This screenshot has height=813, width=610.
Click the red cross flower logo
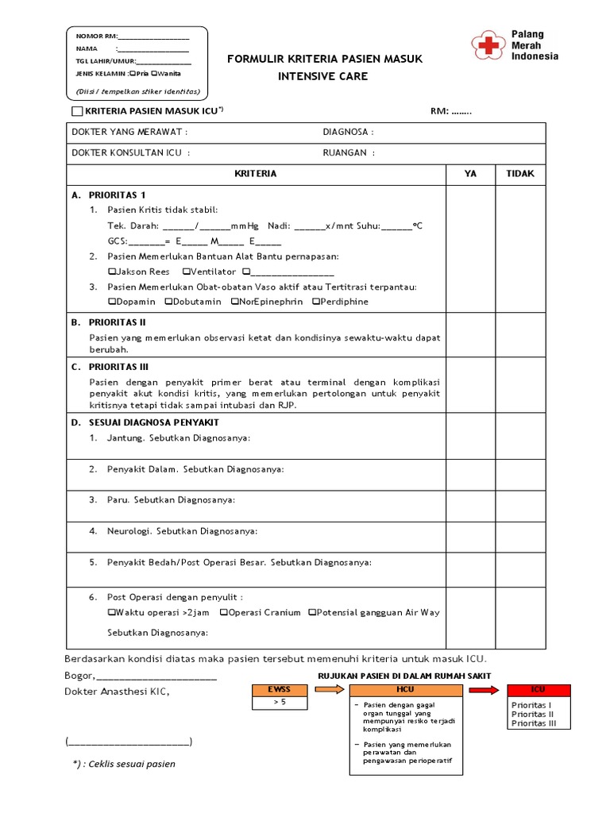coord(487,45)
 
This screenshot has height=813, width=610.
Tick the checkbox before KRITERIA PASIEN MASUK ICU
coord(76,111)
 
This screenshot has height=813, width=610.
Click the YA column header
coord(471,174)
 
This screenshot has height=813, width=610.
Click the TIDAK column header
coord(520,174)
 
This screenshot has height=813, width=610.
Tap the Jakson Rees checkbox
coord(111,272)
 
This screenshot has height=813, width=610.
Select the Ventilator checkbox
coord(185,272)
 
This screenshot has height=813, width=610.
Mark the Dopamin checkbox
coord(111,302)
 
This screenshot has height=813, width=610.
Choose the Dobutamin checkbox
coord(168,302)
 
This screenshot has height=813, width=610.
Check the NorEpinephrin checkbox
coord(235,302)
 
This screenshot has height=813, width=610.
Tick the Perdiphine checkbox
coord(316,302)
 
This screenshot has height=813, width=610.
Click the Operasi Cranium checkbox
coord(224,613)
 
